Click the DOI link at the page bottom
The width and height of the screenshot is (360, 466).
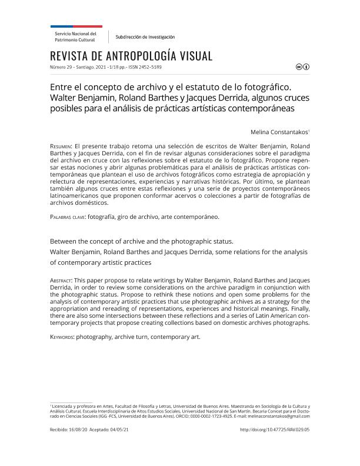pyautogui.click(x=275, y=430)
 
